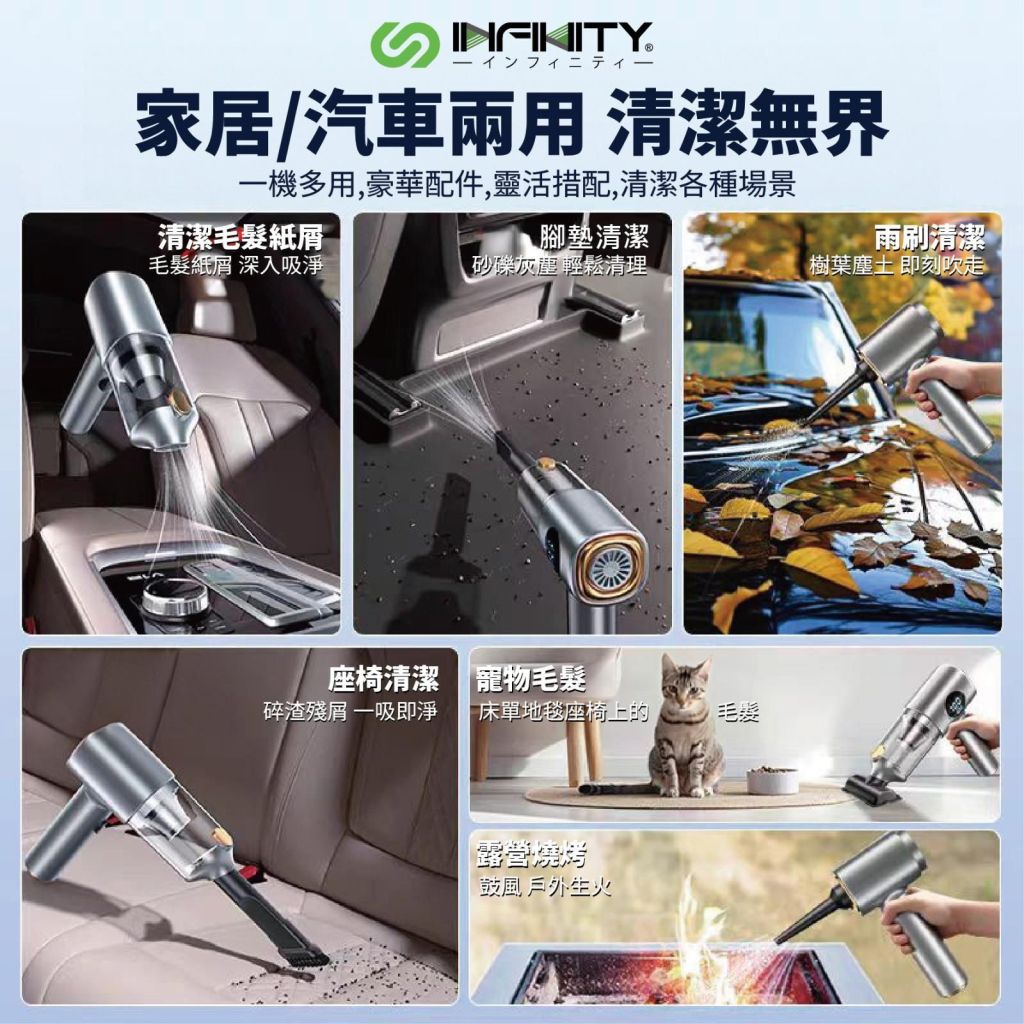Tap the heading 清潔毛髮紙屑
tap(240, 236)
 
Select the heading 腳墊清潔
tap(594, 236)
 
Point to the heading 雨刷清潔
tap(929, 236)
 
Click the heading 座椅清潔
tap(383, 679)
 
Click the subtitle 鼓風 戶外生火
tap(545, 886)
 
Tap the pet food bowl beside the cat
tap(772, 780)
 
